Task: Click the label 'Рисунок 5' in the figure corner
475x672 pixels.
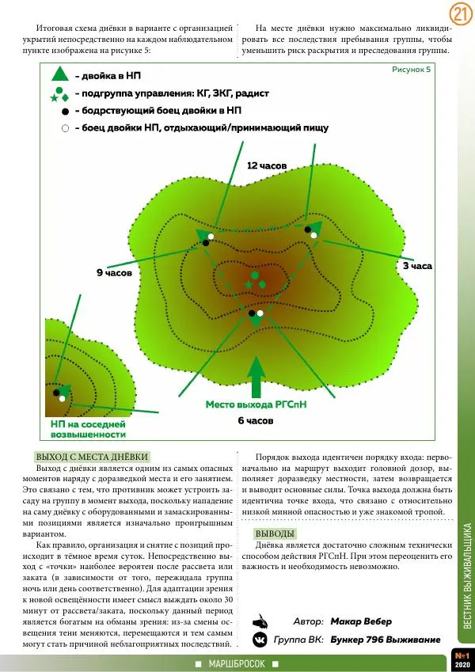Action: (x=412, y=70)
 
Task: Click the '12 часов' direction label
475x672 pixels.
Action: (x=266, y=166)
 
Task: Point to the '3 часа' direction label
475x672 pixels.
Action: (x=417, y=267)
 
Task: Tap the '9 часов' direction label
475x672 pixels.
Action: (x=113, y=272)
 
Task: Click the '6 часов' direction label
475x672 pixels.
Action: (x=256, y=420)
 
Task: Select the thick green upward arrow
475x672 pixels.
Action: (x=255, y=377)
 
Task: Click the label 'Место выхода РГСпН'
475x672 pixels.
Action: (x=256, y=404)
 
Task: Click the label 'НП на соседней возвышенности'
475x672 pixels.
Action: (x=82, y=429)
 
